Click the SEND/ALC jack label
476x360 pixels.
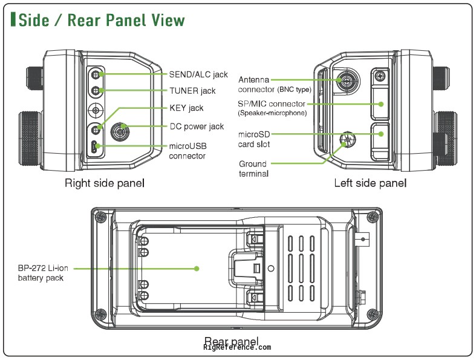tap(198, 74)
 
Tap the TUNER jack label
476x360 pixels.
tap(192, 91)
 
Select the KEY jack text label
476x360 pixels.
tap(186, 108)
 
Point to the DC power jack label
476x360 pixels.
tap(197, 126)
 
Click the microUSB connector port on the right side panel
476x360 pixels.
tap(95, 146)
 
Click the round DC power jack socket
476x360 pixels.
tap(120, 131)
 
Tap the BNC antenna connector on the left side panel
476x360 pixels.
tap(347, 80)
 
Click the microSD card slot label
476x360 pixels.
tap(254, 139)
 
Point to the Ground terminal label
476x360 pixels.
tap(253, 169)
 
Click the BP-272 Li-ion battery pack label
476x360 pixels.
tap(43, 273)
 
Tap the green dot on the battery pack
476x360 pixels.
tap(197, 269)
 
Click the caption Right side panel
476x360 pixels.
tap(105, 183)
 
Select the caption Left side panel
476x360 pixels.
tap(370, 183)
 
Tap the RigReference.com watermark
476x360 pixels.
tap(237, 347)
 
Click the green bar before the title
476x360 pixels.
tap(13, 19)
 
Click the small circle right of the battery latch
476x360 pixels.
tap(271, 269)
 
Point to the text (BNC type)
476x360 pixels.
tap(294, 90)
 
